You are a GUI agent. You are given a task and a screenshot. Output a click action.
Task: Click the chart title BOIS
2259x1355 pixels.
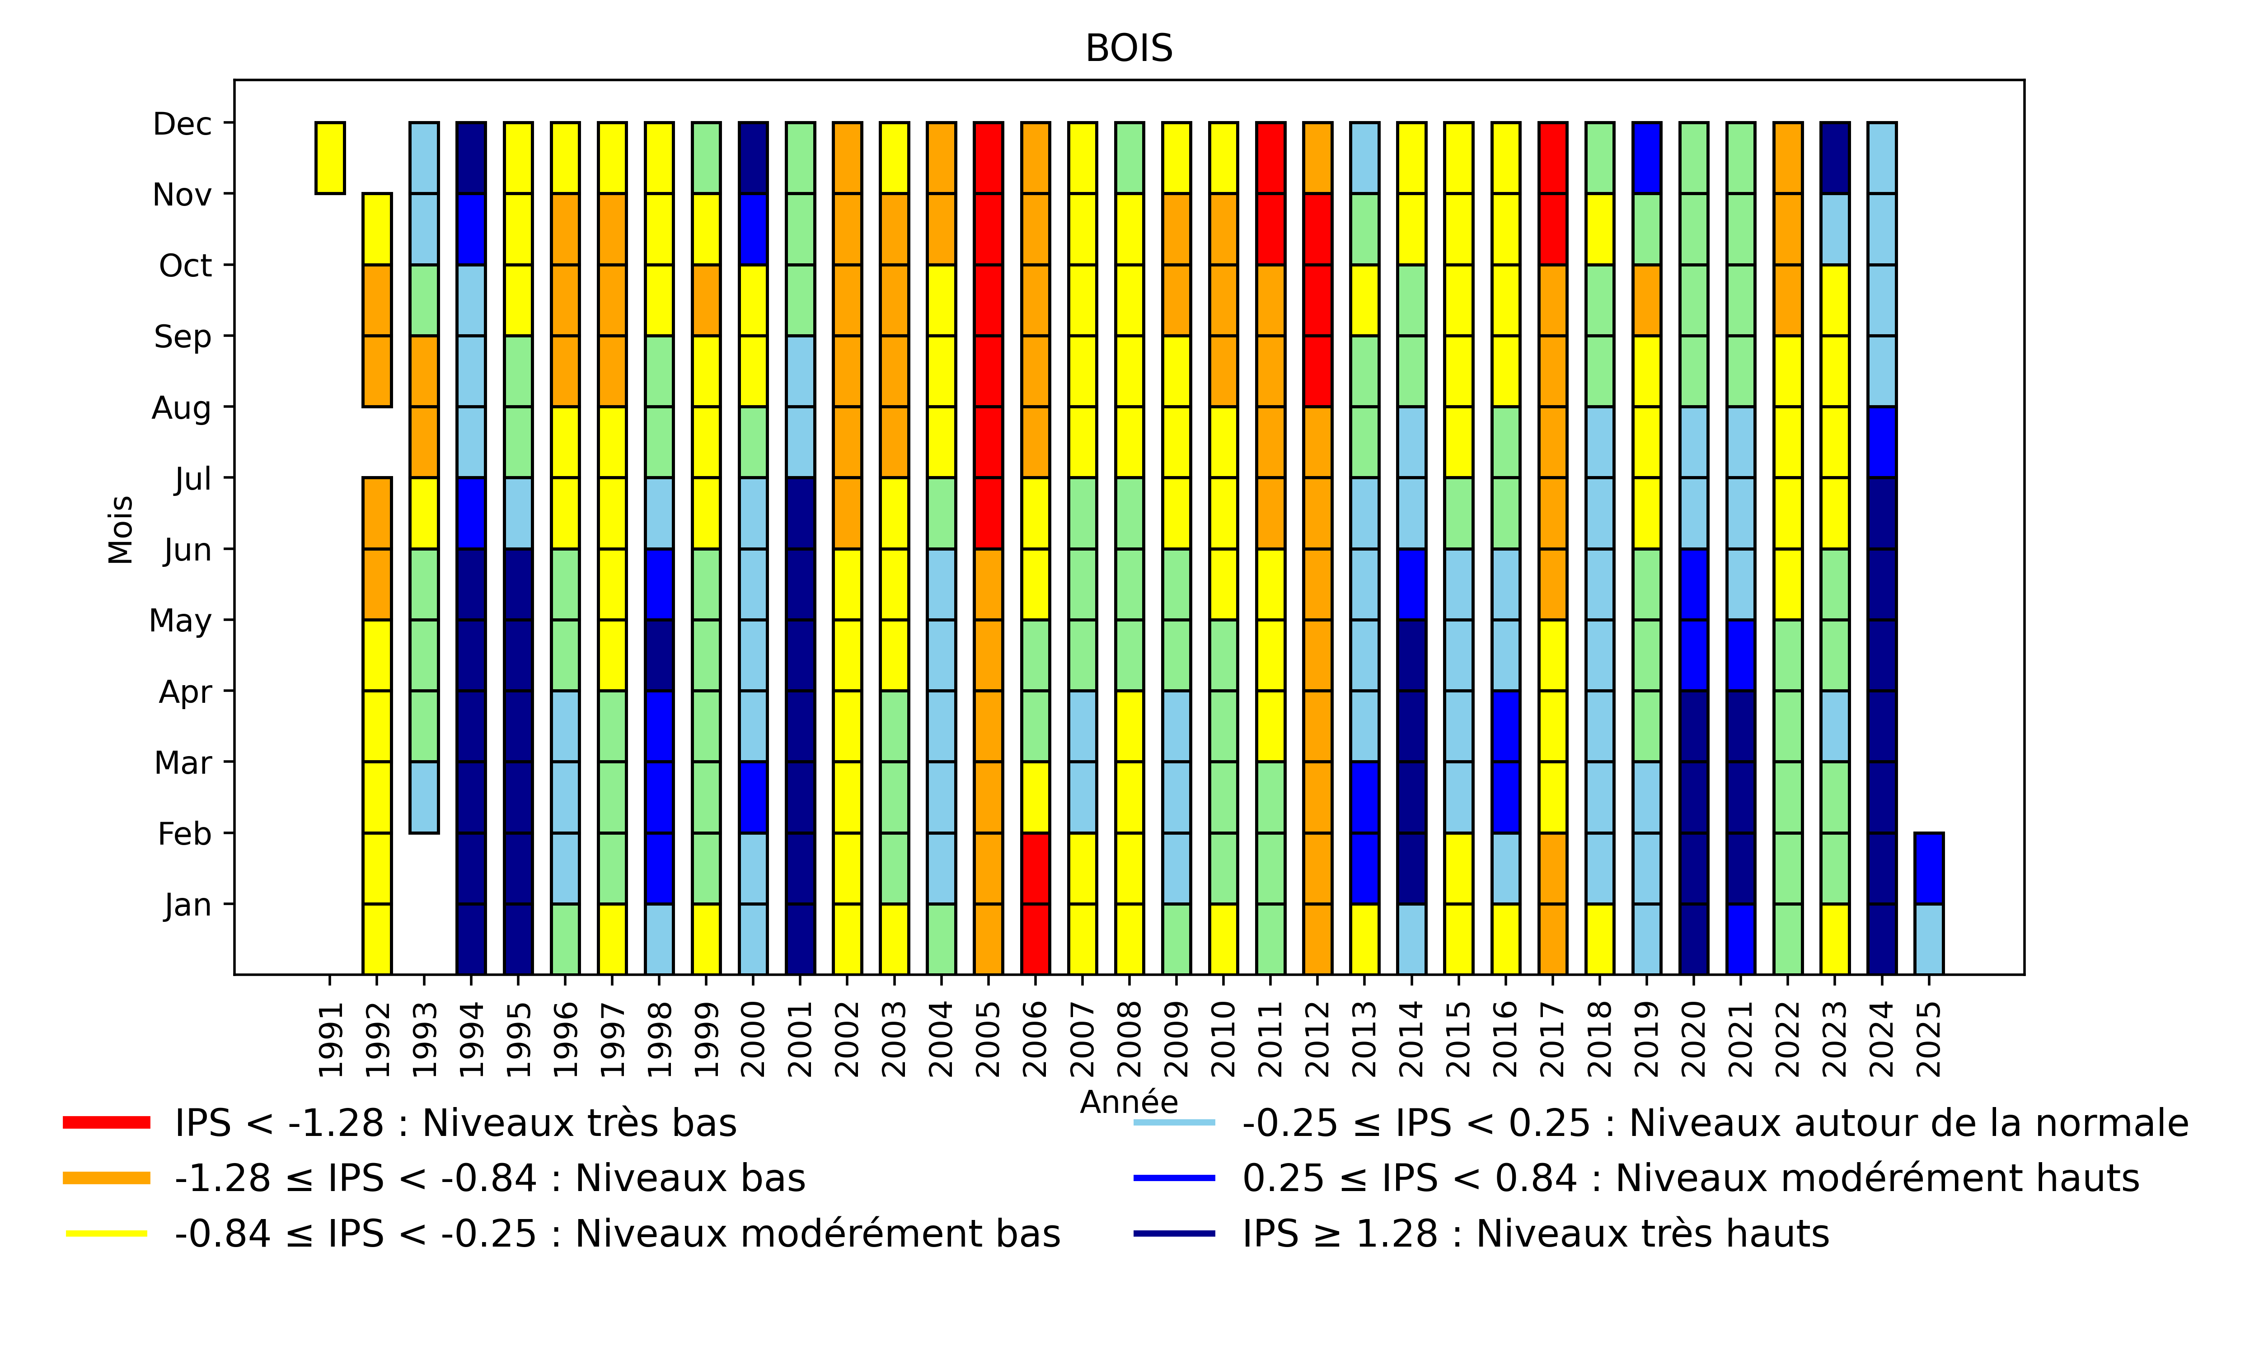point(1129,48)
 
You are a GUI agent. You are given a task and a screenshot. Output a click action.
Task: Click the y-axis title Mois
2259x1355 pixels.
point(121,530)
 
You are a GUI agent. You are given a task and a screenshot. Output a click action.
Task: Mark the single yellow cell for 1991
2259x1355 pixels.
point(331,158)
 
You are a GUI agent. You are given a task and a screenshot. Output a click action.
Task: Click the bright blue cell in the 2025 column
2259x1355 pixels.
point(1928,869)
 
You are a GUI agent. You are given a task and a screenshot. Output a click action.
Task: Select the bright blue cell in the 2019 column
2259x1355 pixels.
point(1646,158)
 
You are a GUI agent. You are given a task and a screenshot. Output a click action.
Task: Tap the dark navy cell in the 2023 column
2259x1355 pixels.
point(1834,158)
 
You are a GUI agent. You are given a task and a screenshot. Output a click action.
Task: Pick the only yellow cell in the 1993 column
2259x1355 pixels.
point(424,513)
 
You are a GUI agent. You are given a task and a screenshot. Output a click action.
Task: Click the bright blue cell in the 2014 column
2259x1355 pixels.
point(1411,584)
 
